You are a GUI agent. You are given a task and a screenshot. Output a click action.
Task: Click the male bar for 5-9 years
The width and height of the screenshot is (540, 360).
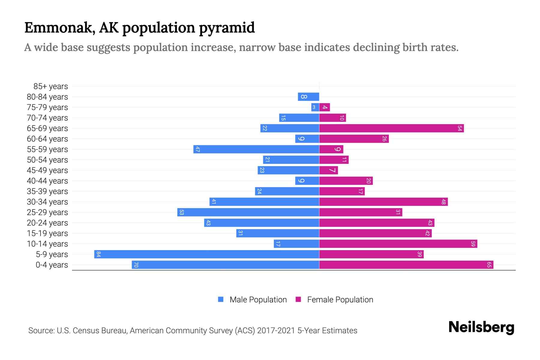point(207,254)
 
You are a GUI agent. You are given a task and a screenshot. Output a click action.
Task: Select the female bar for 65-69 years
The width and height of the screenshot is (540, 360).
point(391,128)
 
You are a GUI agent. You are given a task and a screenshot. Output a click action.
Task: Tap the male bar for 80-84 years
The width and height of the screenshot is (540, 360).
point(308,97)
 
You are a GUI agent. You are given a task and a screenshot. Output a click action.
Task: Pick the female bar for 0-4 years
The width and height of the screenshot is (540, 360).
point(406,265)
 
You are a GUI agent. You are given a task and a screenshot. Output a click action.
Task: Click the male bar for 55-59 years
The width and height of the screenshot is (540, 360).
point(256,149)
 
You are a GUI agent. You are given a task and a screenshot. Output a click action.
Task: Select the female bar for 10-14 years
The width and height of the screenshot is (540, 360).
point(398,244)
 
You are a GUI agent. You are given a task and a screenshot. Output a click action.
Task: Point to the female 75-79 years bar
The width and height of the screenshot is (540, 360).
point(325,107)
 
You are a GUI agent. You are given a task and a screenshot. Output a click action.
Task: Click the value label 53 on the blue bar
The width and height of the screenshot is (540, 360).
point(181,212)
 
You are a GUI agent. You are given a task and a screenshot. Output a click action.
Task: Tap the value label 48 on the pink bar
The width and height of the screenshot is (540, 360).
point(443,202)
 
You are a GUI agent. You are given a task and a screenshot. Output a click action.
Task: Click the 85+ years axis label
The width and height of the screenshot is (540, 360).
point(50,86)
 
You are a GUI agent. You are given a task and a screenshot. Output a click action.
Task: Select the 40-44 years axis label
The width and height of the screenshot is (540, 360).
point(47,181)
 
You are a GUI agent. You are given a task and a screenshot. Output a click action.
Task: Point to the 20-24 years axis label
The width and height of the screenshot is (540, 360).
point(47,223)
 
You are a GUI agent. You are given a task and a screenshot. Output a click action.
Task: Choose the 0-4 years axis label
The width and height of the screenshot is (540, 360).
point(52,265)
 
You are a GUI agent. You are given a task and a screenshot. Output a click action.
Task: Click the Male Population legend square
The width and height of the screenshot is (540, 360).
point(221,299)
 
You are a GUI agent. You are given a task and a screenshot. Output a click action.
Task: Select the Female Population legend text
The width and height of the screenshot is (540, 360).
point(340,300)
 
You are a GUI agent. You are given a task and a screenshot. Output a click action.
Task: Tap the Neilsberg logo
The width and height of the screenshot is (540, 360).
point(481,327)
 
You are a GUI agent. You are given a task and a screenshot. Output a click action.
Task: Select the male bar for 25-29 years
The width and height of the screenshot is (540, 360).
point(248,212)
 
